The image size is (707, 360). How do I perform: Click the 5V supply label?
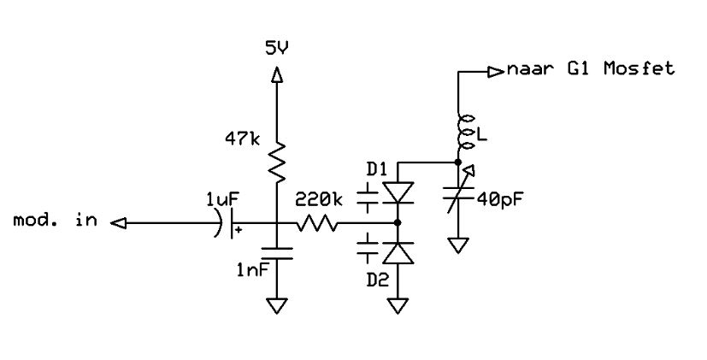(x=277, y=48)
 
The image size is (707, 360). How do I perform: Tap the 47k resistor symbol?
(x=277, y=162)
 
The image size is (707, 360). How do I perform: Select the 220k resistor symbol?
(x=317, y=223)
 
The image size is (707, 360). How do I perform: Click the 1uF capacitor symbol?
(x=227, y=223)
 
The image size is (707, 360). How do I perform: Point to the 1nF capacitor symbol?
(x=277, y=253)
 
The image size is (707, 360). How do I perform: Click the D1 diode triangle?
(x=398, y=192)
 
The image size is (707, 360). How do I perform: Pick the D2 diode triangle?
(x=398, y=253)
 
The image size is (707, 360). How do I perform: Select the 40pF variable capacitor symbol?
(x=458, y=191)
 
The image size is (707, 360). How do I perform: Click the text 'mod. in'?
(x=55, y=221)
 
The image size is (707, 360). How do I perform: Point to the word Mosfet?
(x=639, y=68)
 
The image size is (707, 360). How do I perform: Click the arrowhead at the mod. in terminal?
(x=118, y=223)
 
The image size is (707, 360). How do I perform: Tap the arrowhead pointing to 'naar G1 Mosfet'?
(x=496, y=71)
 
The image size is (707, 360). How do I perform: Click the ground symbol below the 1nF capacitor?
(x=277, y=305)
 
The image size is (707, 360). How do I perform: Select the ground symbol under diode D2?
(x=398, y=305)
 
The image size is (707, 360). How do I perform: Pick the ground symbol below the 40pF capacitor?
(x=458, y=245)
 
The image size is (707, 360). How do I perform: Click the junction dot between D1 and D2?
(x=398, y=223)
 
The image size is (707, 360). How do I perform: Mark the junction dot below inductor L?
(x=458, y=162)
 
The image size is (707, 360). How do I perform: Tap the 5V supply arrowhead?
(x=277, y=74)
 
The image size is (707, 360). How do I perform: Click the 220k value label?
(x=319, y=200)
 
